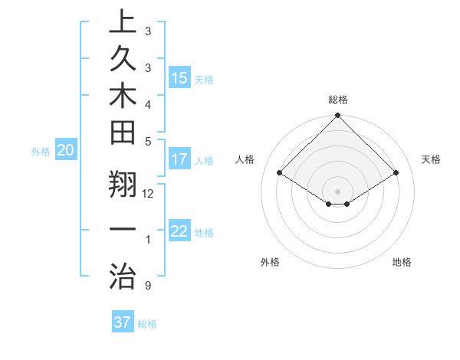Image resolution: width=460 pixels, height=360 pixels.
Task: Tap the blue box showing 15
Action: pyautogui.click(x=179, y=78)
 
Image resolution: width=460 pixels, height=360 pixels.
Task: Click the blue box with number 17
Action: pyautogui.click(x=179, y=160)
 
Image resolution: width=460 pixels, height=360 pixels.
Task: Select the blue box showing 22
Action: pyautogui.click(x=179, y=232)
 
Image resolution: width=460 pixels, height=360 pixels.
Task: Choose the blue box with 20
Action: pyautogui.click(x=65, y=151)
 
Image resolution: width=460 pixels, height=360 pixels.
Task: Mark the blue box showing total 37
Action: pyautogui.click(x=122, y=322)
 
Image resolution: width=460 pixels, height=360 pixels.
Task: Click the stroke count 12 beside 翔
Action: pyautogui.click(x=148, y=193)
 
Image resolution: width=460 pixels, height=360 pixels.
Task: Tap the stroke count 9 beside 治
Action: pyautogui.click(x=147, y=286)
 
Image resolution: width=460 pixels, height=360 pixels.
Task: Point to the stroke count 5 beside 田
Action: pyautogui.click(x=147, y=141)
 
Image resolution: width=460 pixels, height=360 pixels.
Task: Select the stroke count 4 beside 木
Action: pyautogui.click(x=147, y=103)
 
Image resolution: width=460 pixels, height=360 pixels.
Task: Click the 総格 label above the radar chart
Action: pyautogui.click(x=337, y=100)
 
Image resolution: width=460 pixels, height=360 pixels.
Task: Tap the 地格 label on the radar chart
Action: pyautogui.click(x=402, y=262)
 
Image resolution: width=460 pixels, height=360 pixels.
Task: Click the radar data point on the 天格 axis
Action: pyautogui.click(x=396, y=173)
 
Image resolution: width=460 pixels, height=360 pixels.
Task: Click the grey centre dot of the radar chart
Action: pyautogui.click(x=337, y=191)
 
